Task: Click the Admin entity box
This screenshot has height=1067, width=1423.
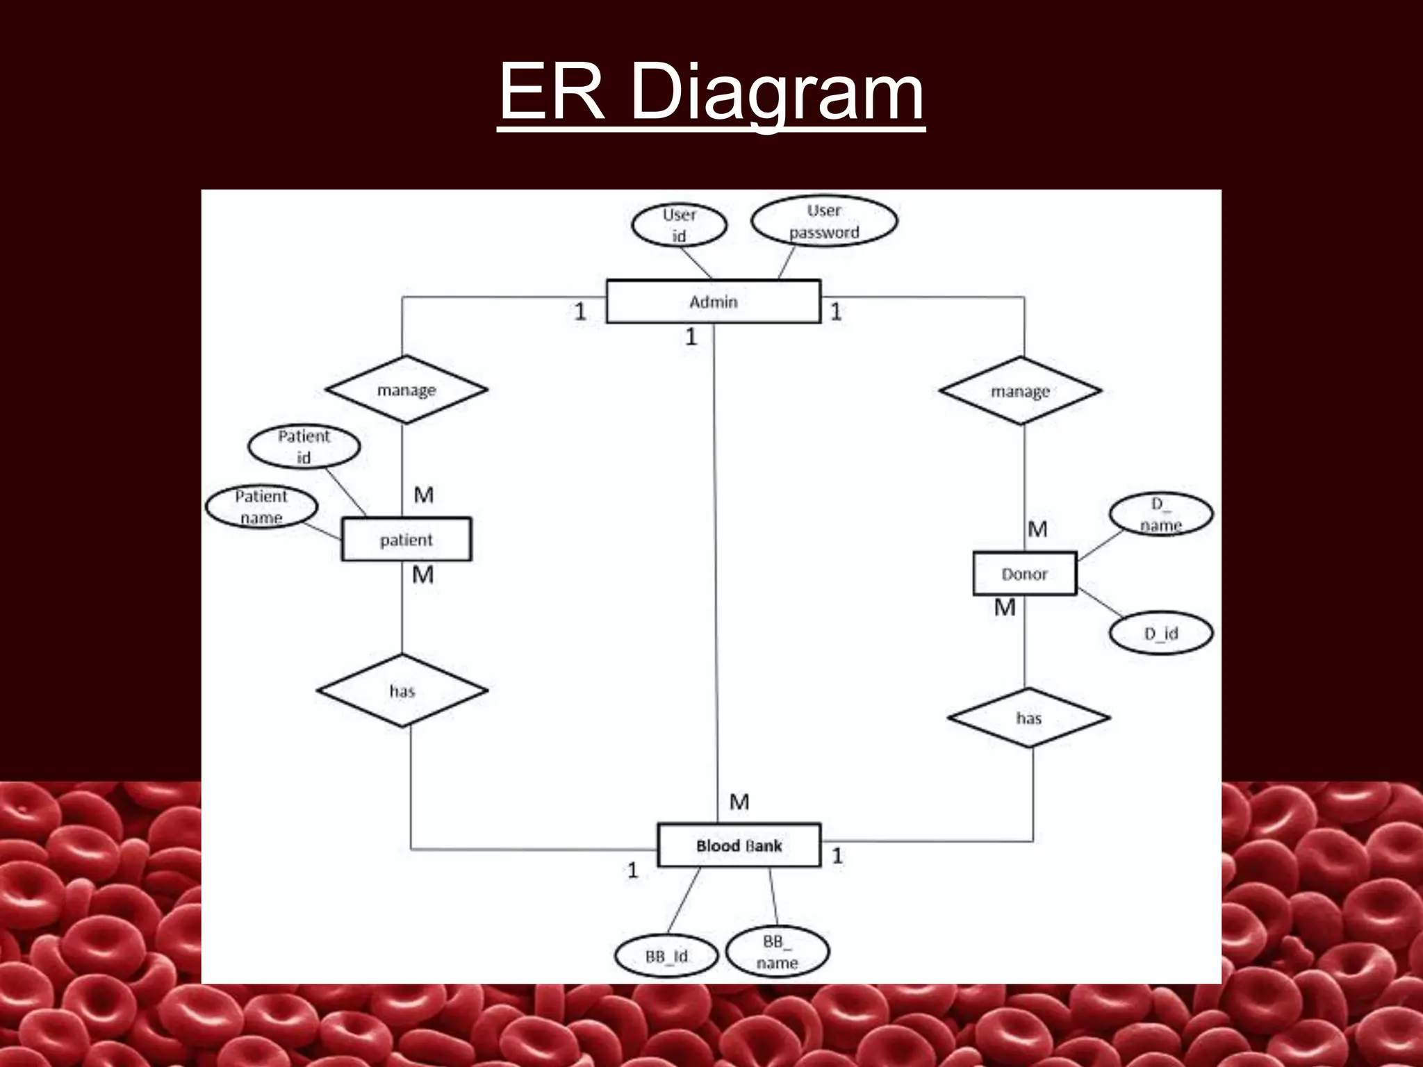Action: point(713,301)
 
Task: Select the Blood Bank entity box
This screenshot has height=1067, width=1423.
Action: point(739,845)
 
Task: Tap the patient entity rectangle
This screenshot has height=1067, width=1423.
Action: point(406,539)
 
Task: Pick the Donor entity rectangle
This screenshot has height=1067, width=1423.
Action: point(1024,574)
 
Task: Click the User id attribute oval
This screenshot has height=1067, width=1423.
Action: point(679,225)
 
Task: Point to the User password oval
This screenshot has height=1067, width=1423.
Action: point(824,221)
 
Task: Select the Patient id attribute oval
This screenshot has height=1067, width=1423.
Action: point(304,447)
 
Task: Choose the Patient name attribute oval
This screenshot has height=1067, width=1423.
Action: point(261,506)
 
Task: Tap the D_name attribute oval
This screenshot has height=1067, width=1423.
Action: point(1160,515)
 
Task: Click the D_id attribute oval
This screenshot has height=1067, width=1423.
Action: point(1160,634)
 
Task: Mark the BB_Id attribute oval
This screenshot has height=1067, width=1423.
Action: point(666,956)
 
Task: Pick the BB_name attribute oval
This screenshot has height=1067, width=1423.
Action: point(777,952)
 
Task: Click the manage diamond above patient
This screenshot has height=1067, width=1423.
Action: point(406,390)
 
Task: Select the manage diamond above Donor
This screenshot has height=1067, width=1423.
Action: point(1020,391)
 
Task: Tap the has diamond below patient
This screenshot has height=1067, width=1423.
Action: point(402,690)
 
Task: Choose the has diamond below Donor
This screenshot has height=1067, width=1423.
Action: point(1028,718)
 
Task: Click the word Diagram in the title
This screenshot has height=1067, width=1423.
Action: point(777,92)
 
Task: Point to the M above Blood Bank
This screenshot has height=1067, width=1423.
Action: point(739,802)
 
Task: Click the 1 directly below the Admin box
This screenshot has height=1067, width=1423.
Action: point(691,337)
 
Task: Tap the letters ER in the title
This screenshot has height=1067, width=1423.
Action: point(551,92)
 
